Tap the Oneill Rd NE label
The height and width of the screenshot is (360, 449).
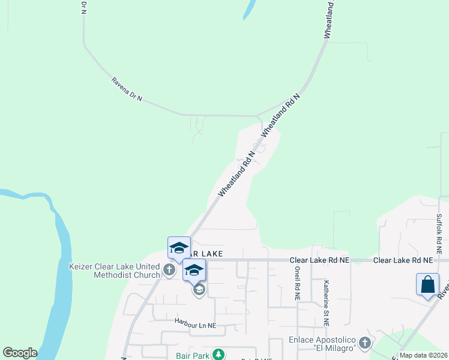point(297,281)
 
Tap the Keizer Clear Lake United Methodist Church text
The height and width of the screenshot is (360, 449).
point(115,271)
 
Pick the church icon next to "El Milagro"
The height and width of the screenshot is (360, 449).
point(364,344)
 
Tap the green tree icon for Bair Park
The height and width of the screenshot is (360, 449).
point(218,355)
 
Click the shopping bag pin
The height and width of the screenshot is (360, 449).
point(427,284)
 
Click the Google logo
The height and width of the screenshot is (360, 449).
point(20,353)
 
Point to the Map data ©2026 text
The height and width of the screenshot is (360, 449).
point(423,355)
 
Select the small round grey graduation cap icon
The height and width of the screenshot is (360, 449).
point(199,290)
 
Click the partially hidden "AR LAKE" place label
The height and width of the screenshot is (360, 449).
point(207,254)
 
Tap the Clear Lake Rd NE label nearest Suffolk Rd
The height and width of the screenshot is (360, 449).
point(403,260)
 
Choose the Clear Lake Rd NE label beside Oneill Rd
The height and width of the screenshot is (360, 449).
point(319,260)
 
